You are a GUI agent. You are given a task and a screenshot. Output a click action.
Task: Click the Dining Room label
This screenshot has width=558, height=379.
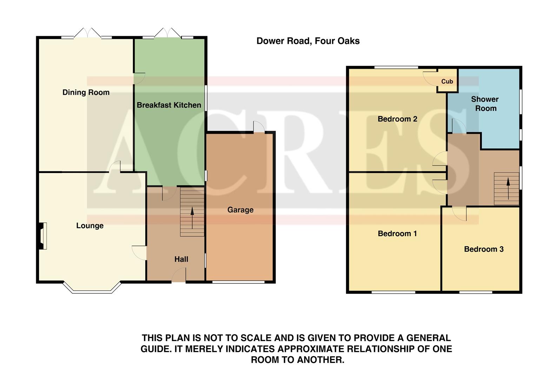point(86,93)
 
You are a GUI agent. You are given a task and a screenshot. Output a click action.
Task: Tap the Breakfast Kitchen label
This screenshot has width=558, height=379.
point(169,105)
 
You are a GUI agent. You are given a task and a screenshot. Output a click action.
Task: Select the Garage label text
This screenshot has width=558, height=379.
point(240,210)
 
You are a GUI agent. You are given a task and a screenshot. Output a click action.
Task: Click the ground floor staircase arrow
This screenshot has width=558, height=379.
point(192,218)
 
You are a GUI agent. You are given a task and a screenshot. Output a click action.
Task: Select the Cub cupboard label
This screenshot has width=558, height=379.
point(447,81)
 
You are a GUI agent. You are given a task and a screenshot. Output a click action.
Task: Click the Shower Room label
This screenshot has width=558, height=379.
point(485,104)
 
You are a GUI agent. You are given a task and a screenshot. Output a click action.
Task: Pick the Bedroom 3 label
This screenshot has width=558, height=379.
point(484,249)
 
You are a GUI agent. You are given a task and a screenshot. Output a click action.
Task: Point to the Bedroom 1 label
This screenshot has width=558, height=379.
point(397,234)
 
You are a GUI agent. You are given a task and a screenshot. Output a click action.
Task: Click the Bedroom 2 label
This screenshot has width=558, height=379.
point(397,119)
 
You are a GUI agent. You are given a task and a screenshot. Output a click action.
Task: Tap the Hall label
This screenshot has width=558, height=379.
point(181,259)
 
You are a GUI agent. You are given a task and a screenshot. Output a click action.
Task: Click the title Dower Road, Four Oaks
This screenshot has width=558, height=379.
point(308,41)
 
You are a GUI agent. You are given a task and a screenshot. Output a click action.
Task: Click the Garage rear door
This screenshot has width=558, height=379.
point(259,127)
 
